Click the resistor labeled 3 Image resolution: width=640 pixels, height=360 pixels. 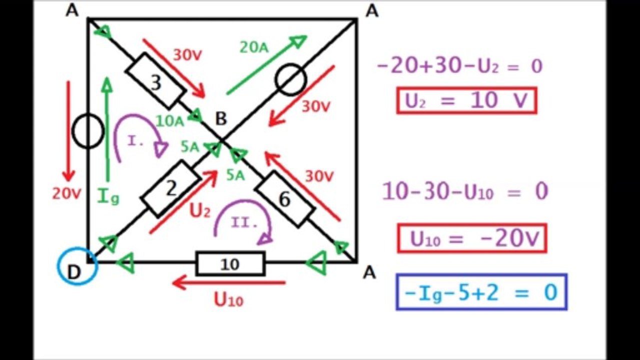(x=156, y=81)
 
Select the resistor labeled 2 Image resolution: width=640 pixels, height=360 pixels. (x=170, y=189)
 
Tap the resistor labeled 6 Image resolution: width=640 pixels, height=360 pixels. (x=285, y=199)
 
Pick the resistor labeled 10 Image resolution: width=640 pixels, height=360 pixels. (x=230, y=263)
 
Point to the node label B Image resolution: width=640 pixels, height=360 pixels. (x=221, y=119)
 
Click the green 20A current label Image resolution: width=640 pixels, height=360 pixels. (x=254, y=47)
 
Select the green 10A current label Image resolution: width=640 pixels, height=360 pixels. (x=170, y=121)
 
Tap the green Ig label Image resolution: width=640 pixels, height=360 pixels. (x=108, y=196)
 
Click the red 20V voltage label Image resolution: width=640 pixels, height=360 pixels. (x=67, y=194)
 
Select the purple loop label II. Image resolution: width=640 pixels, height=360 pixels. (x=244, y=222)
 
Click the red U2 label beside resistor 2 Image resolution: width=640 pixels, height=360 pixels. (x=200, y=211)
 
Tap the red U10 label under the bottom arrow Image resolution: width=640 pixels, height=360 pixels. (x=229, y=300)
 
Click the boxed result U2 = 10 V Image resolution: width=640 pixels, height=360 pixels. (x=466, y=100)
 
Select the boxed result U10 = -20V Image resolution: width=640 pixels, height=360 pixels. (x=472, y=238)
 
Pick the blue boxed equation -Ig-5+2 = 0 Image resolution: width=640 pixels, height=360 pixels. (x=481, y=292)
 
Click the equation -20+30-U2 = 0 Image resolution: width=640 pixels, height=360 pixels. (x=460, y=66)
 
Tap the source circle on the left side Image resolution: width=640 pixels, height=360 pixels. (x=88, y=131)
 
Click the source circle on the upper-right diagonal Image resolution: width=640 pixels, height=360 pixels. (x=291, y=79)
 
